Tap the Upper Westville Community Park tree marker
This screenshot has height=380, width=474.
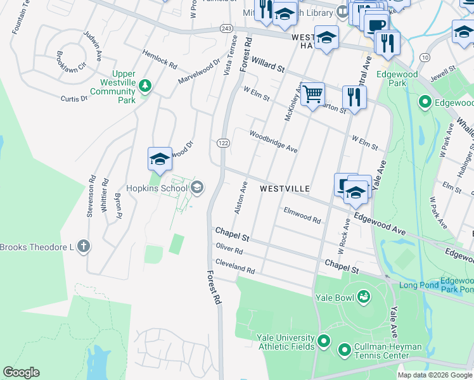tap(145, 85)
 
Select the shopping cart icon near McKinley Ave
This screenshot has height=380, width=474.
tap(312, 95)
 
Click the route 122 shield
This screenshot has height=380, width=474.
tap(223, 144)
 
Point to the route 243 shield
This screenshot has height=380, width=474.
tap(227, 28)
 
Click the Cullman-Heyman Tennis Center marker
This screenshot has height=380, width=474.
tap(345, 350)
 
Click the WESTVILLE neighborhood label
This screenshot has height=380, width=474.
tap(285, 189)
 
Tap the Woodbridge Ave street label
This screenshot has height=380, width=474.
tap(273, 142)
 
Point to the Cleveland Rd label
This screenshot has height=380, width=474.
tap(234, 269)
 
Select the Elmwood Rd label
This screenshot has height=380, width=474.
tap(302, 215)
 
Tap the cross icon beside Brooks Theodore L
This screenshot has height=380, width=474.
tap(83, 246)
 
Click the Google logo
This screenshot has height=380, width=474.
tap(21, 372)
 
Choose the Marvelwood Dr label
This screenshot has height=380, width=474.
tap(198, 72)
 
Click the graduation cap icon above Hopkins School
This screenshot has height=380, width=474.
tap(160, 160)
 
